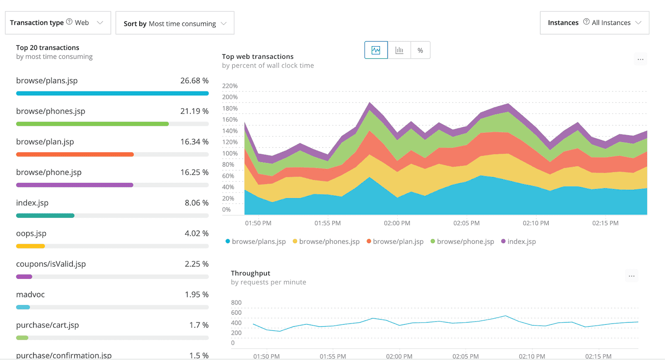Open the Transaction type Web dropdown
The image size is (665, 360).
[x=58, y=22]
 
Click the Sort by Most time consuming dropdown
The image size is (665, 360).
[x=175, y=23]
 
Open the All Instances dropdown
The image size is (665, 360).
[x=594, y=22]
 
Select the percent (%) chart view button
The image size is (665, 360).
[x=420, y=50]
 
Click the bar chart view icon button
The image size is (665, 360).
[x=399, y=50]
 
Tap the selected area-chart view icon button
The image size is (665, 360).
[x=376, y=50]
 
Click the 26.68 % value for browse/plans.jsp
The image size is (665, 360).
[x=194, y=81]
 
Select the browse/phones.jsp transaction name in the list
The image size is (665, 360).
[x=51, y=111]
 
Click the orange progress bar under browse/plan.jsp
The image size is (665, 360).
[x=75, y=154]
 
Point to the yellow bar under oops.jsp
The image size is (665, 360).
[x=30, y=246]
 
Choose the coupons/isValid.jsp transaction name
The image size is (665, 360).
[x=51, y=264]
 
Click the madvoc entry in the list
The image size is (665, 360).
[x=30, y=294]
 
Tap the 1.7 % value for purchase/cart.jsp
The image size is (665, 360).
[x=199, y=325]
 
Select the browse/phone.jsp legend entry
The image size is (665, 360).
[x=465, y=242]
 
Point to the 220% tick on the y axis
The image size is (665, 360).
[x=230, y=86]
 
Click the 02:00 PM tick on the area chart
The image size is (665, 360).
[x=397, y=223]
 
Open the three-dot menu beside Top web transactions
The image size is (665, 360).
[x=640, y=59]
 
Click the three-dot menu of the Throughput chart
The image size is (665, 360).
[x=631, y=276]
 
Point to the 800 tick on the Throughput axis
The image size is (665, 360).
[x=236, y=303]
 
